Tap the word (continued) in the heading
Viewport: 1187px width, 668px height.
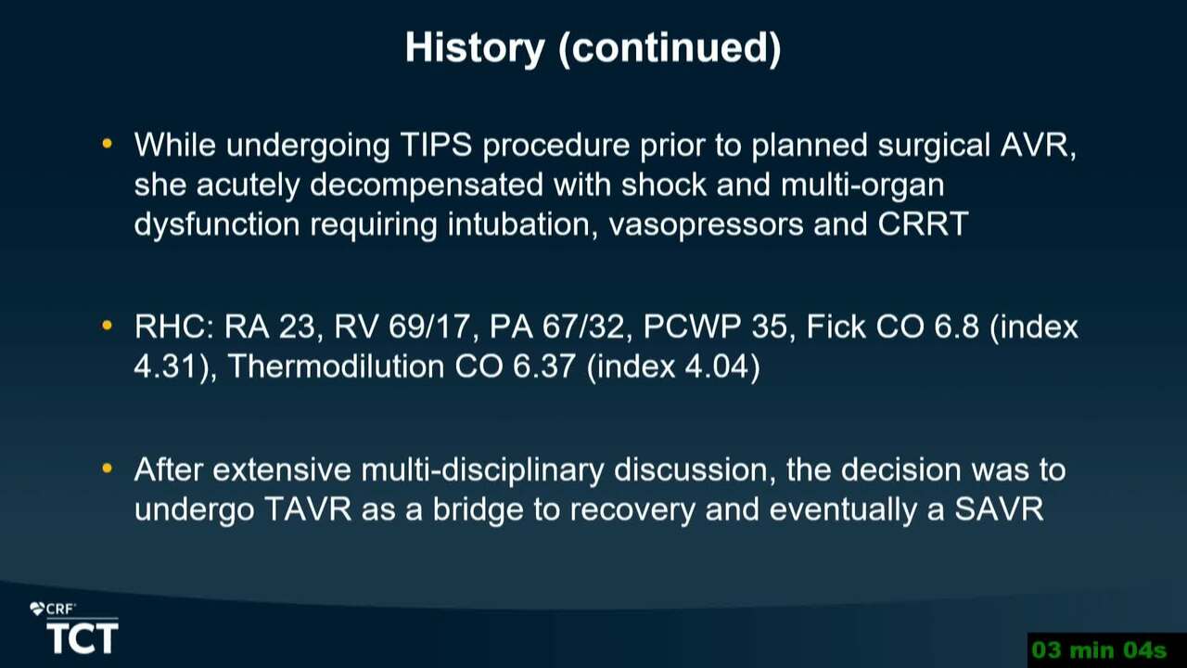(670, 49)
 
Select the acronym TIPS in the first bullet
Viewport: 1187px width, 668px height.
(436, 145)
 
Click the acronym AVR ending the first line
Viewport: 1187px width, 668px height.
(1034, 145)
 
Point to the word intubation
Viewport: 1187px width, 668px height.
(519, 224)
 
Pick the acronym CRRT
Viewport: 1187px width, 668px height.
(923, 224)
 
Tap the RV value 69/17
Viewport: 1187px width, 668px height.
(429, 327)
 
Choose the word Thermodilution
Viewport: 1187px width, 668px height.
(337, 366)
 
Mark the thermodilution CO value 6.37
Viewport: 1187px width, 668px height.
(543, 366)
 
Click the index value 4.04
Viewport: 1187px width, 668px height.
(717, 366)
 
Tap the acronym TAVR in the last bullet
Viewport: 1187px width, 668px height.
(308, 509)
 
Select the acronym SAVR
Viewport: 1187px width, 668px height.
(999, 509)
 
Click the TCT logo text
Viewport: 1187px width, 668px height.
(83, 638)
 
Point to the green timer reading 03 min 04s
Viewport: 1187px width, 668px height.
(1099, 650)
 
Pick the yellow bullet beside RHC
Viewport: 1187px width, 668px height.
(107, 326)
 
